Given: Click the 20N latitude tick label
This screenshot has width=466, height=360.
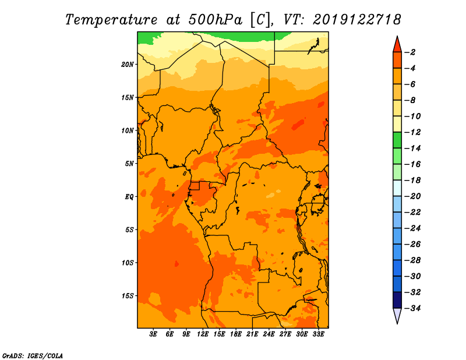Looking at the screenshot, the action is click(127, 65).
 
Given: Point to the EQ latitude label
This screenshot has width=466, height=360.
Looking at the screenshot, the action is click(129, 197).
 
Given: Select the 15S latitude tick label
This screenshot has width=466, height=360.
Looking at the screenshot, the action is click(128, 296).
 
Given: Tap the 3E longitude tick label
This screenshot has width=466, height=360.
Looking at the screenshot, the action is click(153, 334).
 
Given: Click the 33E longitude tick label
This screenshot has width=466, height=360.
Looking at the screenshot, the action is click(318, 334).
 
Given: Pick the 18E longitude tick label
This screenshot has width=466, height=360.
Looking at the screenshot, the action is click(236, 334).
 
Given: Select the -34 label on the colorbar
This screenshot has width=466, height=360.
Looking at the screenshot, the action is click(412, 308).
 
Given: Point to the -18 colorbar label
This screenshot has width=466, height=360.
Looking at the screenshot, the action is click(412, 180).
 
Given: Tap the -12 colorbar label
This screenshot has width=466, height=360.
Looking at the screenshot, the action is click(412, 132).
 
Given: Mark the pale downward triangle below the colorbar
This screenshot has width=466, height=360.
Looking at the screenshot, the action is click(397, 315).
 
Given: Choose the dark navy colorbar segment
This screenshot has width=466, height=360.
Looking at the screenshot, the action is click(397, 300).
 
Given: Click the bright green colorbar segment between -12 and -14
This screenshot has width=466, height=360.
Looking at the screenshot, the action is click(397, 140).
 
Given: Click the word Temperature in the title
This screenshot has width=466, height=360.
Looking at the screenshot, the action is click(111, 20).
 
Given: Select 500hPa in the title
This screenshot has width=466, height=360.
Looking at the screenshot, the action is click(216, 20).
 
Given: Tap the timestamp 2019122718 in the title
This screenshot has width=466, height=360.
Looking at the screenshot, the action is click(356, 20).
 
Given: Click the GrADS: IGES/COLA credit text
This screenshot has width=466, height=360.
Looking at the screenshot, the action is click(33, 356).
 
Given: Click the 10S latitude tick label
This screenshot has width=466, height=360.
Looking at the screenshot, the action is click(128, 263).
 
